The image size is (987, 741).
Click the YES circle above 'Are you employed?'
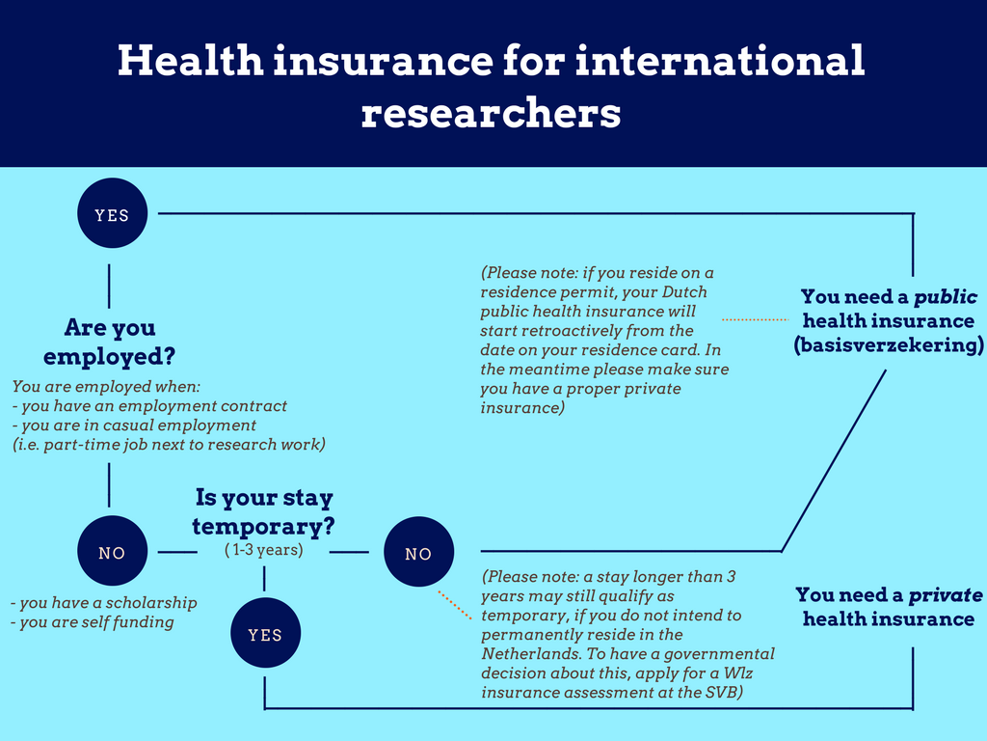pos(112,215)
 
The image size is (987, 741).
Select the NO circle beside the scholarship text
pos(112,553)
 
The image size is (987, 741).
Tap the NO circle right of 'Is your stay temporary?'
pos(418,554)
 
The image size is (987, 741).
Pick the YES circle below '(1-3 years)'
pos(265,634)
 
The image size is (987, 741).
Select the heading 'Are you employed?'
pos(110,342)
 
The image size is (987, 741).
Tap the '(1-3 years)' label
pos(263,550)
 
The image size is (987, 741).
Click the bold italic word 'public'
pos(946,296)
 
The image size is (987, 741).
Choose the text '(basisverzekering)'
pos(888,345)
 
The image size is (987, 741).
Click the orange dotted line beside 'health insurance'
pos(755,318)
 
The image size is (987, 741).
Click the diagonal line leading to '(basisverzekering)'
pos(834,458)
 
